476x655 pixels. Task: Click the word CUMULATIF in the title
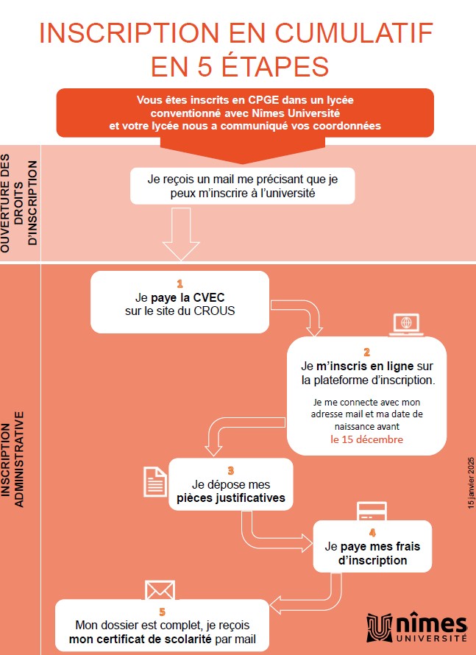[x=354, y=32]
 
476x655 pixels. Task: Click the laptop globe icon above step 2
[x=406, y=325]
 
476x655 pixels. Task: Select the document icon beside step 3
[x=155, y=481]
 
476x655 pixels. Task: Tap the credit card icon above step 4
[x=372, y=511]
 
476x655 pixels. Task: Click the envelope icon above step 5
[x=160, y=589]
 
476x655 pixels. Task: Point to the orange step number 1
[x=180, y=284]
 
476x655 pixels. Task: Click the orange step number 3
[x=231, y=471]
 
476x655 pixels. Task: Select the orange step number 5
[x=163, y=612]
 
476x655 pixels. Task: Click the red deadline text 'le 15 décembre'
[x=366, y=439]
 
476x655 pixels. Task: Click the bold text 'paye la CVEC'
[x=188, y=298]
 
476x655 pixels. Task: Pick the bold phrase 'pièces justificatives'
[x=231, y=498]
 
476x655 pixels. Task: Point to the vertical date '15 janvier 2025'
[x=471, y=483]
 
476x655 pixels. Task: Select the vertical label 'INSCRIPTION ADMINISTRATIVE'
[x=12, y=459]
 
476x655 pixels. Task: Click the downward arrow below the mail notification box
[x=181, y=234]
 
